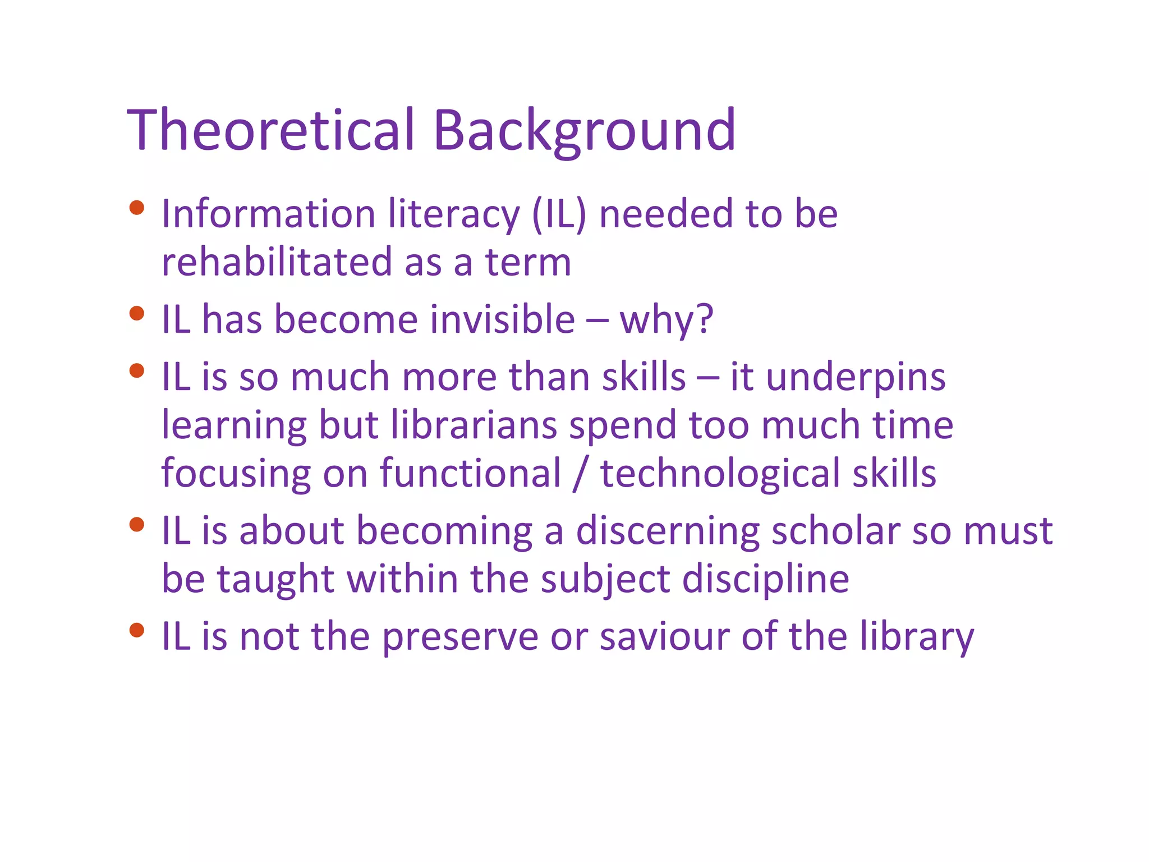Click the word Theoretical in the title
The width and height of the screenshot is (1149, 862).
(x=271, y=130)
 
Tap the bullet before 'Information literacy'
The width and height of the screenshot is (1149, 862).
(x=136, y=208)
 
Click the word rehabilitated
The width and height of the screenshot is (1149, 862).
(x=277, y=262)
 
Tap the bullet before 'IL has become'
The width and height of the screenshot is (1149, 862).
(x=136, y=313)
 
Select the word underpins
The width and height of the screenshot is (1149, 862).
(x=856, y=378)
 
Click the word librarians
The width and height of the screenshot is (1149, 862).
(x=474, y=425)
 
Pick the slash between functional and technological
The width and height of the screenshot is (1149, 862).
(x=580, y=474)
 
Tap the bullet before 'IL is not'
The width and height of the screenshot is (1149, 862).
(x=136, y=630)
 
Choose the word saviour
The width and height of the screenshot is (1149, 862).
(x=664, y=636)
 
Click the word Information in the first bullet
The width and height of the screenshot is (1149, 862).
(x=268, y=214)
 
